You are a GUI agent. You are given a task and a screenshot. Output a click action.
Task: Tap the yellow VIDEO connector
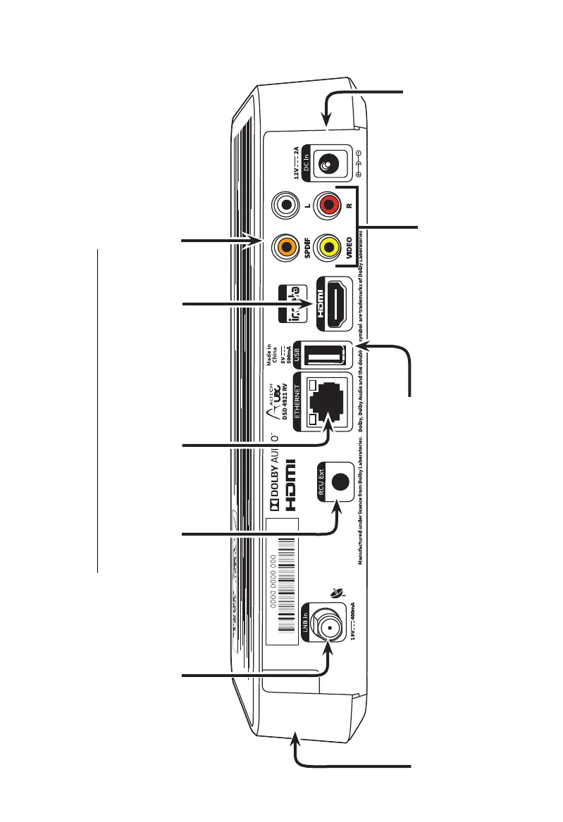328,247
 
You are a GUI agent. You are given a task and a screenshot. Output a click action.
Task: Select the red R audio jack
328,206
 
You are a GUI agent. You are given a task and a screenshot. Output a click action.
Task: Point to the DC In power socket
328,165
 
